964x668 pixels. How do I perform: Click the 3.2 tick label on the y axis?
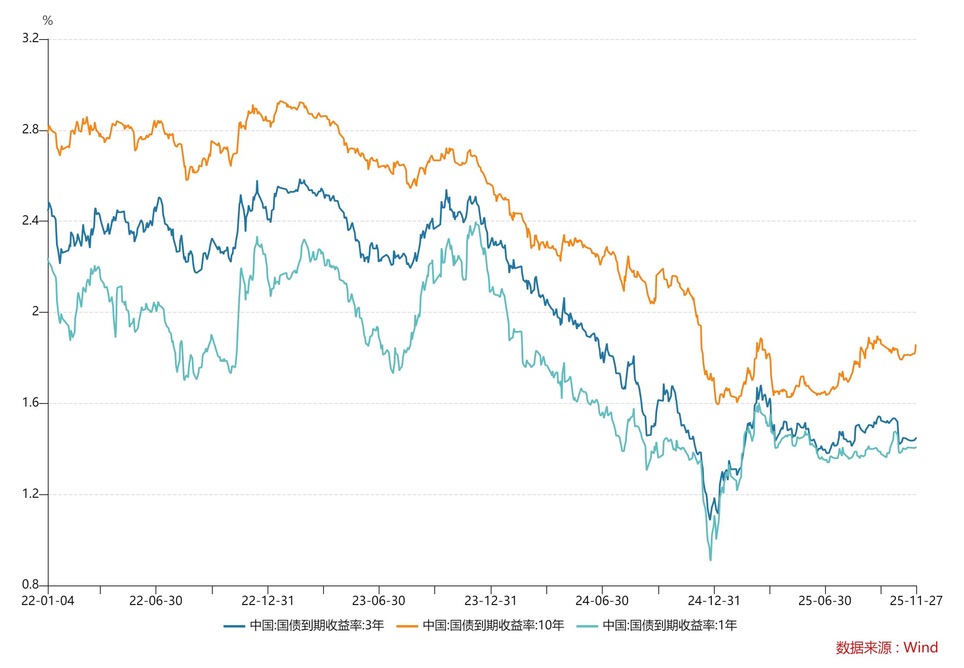30,38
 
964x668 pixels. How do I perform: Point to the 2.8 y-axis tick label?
30,129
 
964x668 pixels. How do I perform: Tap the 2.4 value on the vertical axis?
30,221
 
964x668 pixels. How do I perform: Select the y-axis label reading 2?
36,311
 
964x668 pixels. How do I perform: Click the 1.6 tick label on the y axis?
30,403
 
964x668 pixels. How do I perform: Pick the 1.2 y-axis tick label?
30,494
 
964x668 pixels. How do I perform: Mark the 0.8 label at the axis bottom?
30,585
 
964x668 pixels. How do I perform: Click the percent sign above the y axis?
48,20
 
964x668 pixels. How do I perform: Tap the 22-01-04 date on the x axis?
48,601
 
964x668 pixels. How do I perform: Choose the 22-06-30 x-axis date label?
156,601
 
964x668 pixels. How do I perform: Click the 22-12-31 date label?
268,601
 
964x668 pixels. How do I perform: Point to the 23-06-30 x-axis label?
379,601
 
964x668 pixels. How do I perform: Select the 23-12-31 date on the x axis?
491,601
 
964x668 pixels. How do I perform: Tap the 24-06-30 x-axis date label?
602,601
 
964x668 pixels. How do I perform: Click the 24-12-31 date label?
714,601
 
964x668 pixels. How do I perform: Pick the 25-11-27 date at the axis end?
916,601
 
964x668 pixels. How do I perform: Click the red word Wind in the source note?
921,648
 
